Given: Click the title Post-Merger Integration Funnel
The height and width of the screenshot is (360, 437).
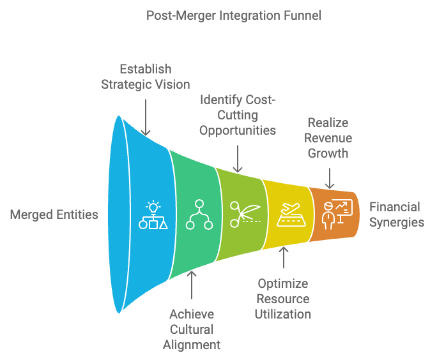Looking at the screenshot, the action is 234,15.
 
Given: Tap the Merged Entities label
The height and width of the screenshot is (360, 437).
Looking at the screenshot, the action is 54,214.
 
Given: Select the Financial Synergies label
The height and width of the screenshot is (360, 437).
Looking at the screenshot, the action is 397,214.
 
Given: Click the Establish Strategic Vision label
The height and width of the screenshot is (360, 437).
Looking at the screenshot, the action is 146,77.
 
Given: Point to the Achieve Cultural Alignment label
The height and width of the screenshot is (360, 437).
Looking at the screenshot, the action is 192,329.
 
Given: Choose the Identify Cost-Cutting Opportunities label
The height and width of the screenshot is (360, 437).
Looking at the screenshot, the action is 238,115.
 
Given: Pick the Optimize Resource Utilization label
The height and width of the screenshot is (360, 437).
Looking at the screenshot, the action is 283,299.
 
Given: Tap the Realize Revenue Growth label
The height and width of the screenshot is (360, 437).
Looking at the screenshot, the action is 328,138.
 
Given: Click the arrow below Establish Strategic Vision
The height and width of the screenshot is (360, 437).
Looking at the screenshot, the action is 146,117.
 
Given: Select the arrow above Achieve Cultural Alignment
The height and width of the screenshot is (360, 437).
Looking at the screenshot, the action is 192,285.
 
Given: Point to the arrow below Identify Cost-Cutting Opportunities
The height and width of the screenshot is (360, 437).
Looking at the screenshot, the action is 238,159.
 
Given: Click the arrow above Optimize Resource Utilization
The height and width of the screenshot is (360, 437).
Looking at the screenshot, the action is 284,257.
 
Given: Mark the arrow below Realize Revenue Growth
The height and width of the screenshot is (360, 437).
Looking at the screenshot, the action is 330,179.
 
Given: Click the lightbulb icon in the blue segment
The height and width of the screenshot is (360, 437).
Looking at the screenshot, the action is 153,207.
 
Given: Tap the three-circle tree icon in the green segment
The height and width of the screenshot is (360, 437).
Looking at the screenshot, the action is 199,214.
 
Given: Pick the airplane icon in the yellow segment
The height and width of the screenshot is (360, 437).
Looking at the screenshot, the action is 291,209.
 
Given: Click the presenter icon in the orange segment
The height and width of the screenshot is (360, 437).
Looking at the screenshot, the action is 328,216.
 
